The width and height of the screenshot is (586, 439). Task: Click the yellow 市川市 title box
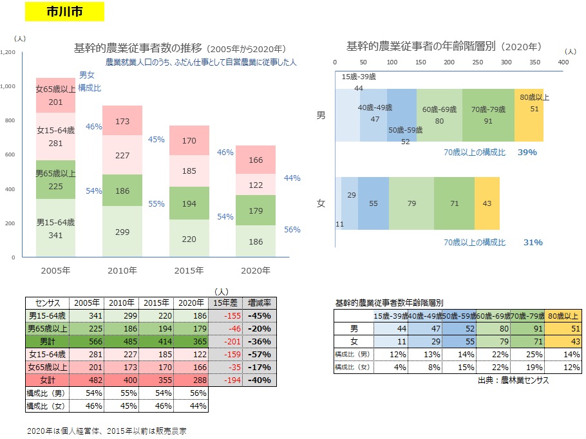(63, 12)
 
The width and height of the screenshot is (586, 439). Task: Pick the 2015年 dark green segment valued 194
(189, 203)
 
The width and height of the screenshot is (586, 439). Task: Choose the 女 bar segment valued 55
(373, 203)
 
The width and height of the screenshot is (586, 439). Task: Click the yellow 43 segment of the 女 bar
(487, 203)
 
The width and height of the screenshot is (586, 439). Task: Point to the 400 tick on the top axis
(563, 62)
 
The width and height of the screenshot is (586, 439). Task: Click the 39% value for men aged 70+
(527, 153)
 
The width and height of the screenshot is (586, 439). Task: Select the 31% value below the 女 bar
(533, 243)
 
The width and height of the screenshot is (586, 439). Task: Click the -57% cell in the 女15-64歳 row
(260, 355)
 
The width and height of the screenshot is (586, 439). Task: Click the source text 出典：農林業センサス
(509, 380)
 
